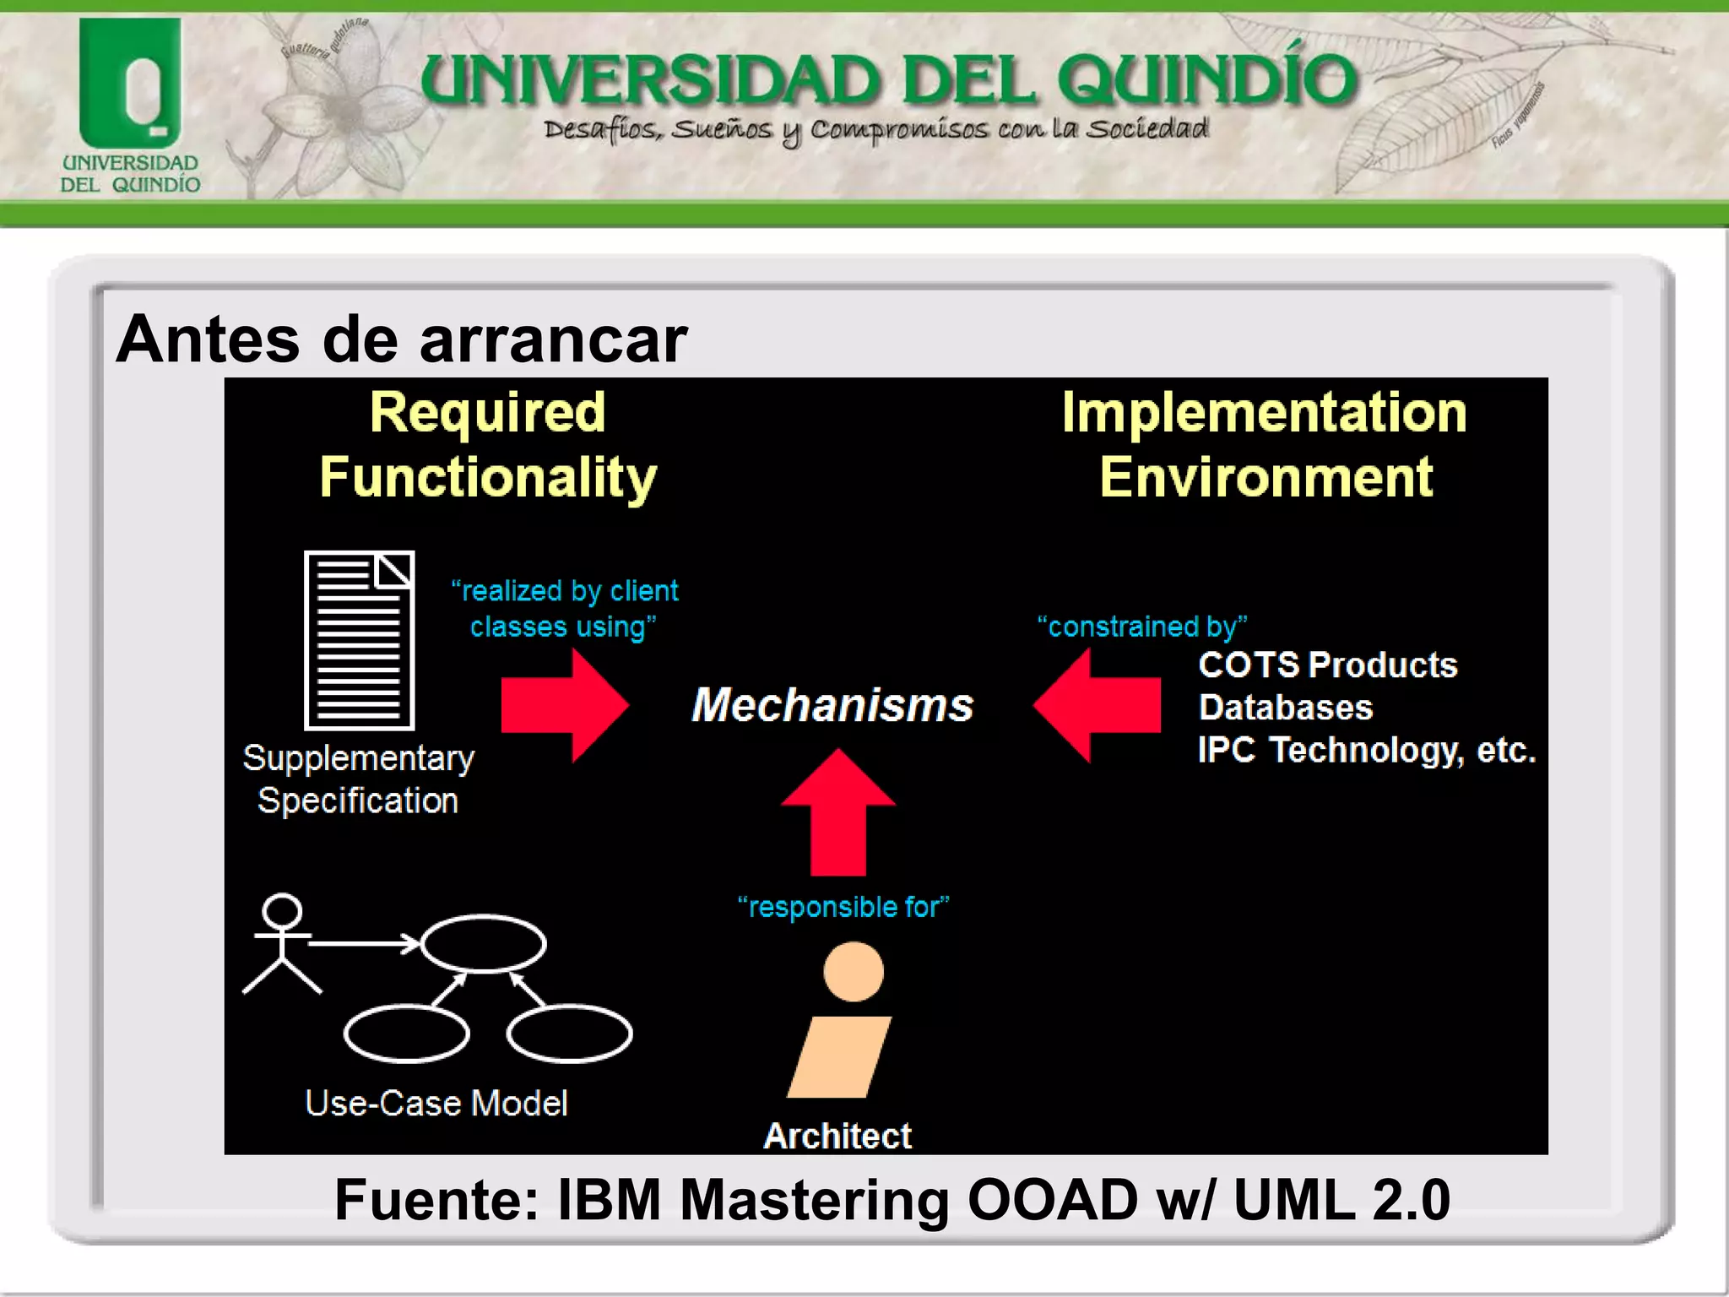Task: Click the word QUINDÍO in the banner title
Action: pos(1206,80)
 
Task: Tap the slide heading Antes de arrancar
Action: pos(402,339)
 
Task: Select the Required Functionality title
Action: pos(488,445)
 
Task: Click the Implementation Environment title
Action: pos(1264,445)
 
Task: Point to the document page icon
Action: pos(360,640)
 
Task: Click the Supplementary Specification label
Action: pos(358,779)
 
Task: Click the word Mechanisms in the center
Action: pos(832,705)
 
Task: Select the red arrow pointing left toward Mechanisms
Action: pos(1098,705)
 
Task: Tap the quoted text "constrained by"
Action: pos(1141,627)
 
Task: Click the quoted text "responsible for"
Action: pos(843,907)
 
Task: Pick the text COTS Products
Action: pos(1327,665)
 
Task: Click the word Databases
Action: pos(1285,708)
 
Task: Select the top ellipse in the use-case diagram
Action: pos(483,943)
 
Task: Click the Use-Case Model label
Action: pos(436,1103)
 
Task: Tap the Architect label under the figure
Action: pos(837,1136)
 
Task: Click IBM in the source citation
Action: pos(609,1200)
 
